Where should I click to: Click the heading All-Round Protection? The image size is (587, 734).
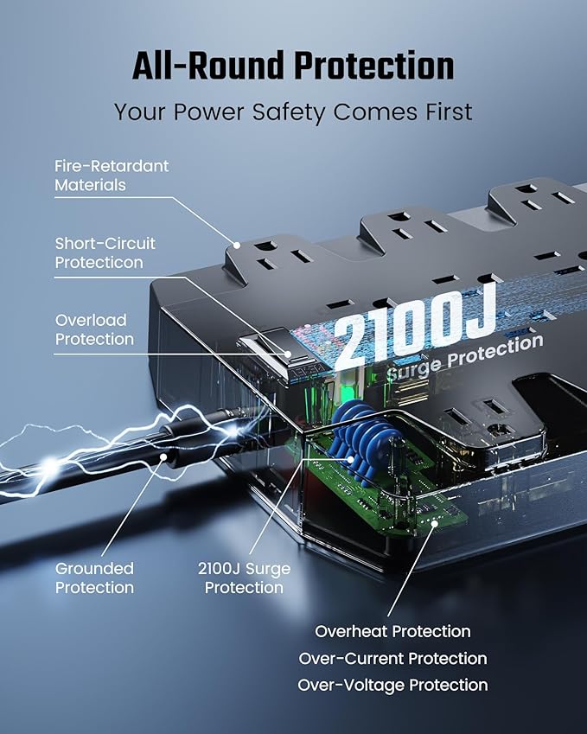coord(293,66)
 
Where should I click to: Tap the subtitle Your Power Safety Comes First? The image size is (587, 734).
coord(293,112)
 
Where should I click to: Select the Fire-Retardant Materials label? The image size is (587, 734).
coord(112,175)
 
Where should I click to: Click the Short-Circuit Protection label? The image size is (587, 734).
coord(105,252)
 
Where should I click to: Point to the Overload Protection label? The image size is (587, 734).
coord(94,329)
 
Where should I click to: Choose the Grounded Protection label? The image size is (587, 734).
coord(94,578)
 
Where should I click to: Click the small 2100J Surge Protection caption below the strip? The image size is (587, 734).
coord(244,578)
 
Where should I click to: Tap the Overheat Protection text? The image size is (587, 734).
coord(392,631)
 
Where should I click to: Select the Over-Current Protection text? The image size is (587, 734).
coord(392,658)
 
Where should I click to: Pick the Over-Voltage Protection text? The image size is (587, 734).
coord(392,685)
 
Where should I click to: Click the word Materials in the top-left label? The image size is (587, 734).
coord(90,184)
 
